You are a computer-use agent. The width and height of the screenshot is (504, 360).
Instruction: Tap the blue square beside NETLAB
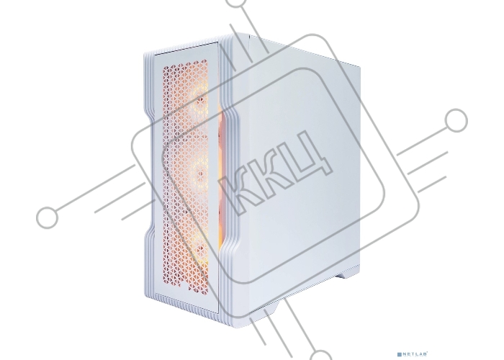click(400, 354)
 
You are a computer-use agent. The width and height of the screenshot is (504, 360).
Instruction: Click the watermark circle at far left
click(48, 217)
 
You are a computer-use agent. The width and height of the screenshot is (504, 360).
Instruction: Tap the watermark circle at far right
click(456, 120)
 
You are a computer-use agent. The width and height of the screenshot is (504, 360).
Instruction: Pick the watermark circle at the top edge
click(237, 3)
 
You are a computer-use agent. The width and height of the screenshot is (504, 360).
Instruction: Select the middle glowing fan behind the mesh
click(199, 172)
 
